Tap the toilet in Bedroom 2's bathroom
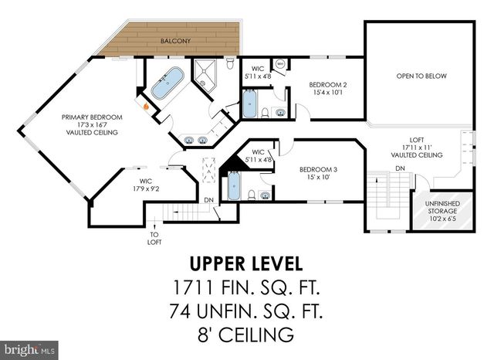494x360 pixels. coord(266,113)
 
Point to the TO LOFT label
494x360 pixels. coord(154,237)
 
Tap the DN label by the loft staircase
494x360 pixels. coord(399,168)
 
